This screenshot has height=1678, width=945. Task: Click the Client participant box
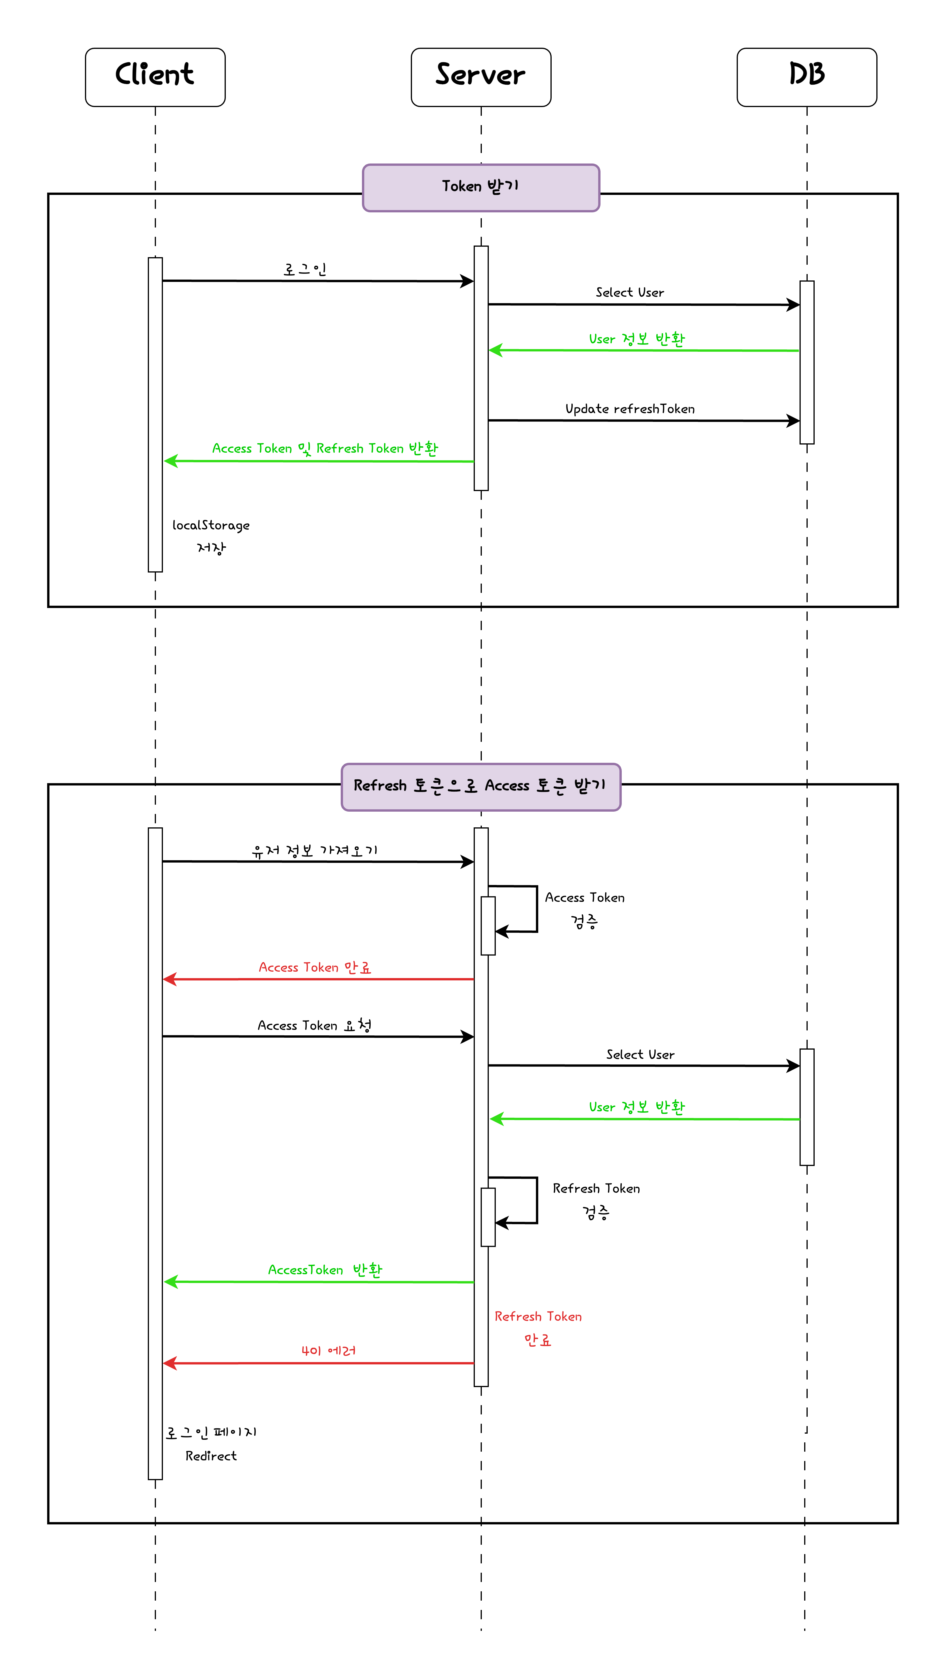[155, 77]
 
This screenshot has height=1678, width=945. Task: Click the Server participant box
[481, 77]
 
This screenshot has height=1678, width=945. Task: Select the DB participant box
[806, 77]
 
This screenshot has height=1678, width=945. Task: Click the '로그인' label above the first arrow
[305, 269]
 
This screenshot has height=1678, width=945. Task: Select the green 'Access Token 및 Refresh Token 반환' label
[325, 448]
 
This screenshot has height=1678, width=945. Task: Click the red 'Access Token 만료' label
[315, 967]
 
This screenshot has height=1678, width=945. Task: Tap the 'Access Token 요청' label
[315, 1025]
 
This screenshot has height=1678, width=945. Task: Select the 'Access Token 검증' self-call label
[584, 909]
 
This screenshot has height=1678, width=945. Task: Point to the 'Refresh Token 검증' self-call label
[596, 1200]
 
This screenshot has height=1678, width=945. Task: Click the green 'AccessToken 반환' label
[325, 1270]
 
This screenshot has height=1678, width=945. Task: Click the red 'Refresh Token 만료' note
[538, 1327]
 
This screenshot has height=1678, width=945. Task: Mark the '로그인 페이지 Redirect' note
[210, 1444]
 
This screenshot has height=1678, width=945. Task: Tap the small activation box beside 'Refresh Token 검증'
[488, 1217]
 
